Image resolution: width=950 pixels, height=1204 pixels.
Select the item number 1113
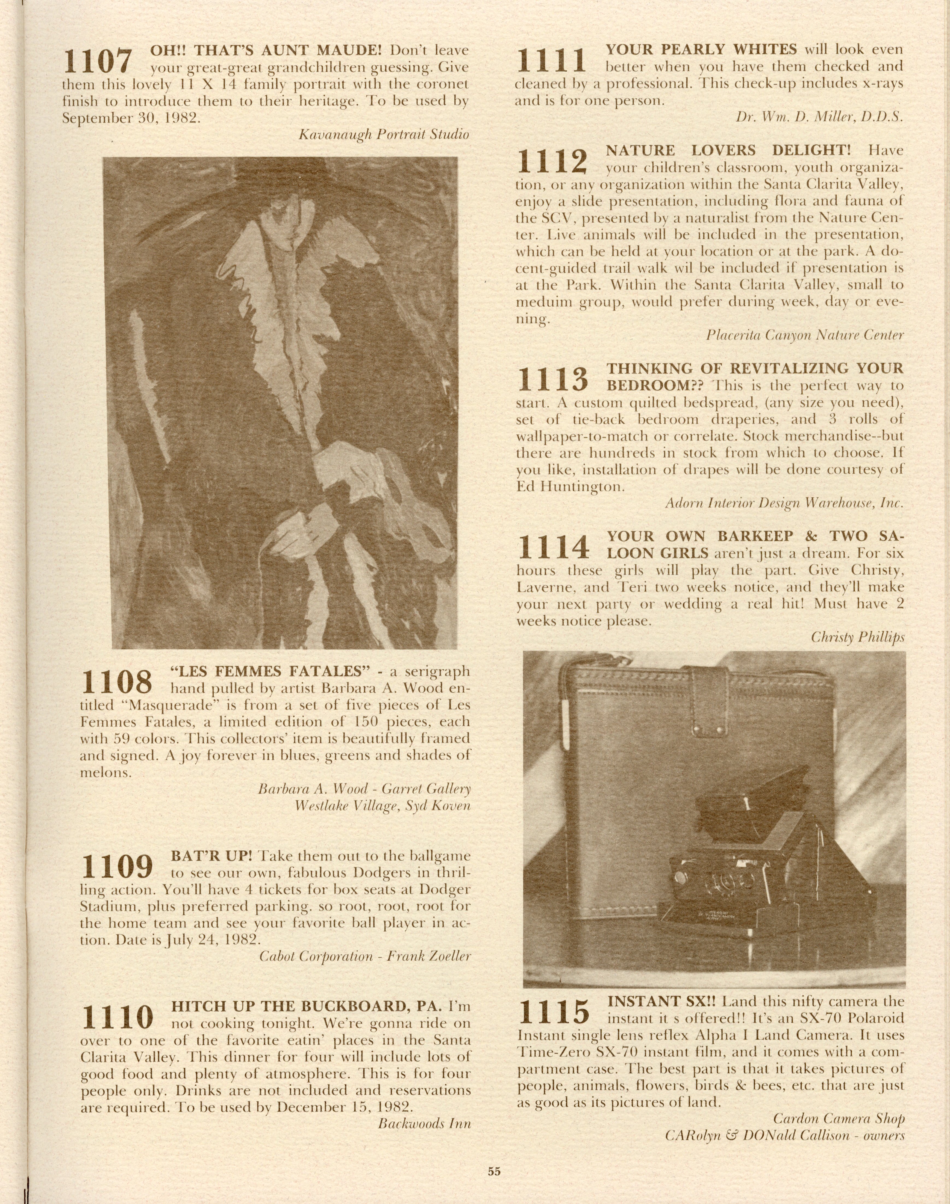[552, 379]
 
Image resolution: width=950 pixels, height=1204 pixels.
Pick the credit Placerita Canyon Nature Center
[805, 335]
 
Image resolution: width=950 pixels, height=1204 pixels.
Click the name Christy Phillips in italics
[857, 637]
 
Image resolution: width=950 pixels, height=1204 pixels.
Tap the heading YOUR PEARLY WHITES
[701, 49]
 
